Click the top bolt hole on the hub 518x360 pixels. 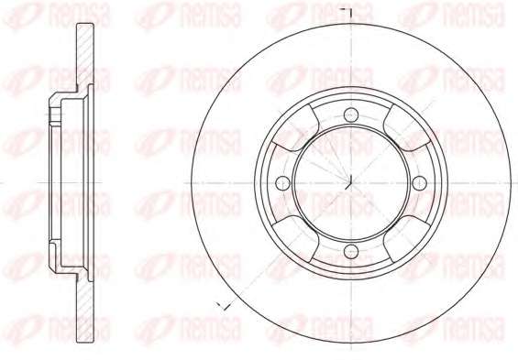point(351,115)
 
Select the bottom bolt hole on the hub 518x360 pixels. point(351,251)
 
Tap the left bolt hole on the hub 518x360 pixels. point(282,183)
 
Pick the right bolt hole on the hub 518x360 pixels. point(420,183)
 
